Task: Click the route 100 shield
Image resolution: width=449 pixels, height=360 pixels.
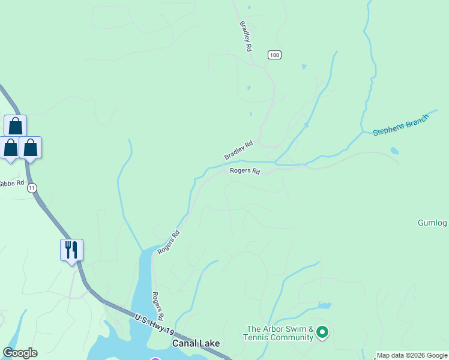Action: coord(274,55)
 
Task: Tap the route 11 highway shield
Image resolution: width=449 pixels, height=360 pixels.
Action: coord(32,188)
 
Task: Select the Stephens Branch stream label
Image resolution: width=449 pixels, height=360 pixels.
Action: coord(401,124)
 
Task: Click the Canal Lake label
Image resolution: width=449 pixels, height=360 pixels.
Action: coord(196,343)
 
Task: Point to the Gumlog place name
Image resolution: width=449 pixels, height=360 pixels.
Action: coord(432,223)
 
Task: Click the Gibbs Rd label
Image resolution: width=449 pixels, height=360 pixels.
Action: coord(12,183)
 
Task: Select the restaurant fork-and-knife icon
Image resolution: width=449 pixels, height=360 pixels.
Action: coord(71,249)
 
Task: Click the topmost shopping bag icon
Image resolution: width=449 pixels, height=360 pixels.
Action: coord(16,126)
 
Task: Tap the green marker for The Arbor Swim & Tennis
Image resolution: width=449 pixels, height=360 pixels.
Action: coord(322,332)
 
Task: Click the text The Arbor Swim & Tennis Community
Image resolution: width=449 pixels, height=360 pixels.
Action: coord(280,333)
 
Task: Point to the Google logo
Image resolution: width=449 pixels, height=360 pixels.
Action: coord(20,353)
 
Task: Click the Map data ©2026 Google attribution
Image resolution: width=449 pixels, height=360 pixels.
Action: coord(412,355)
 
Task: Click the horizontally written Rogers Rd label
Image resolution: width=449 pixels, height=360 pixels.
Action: coord(245,171)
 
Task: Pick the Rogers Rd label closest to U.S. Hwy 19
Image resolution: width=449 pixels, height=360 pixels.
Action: coord(157,306)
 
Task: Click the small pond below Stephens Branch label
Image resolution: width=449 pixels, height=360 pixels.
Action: coord(394,151)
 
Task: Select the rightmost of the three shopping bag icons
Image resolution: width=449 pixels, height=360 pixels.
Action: coord(31,148)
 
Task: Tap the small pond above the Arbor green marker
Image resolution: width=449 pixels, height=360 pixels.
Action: coord(325,305)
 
